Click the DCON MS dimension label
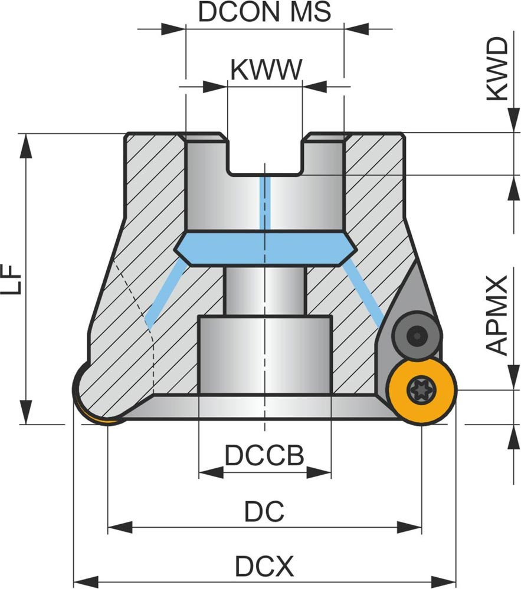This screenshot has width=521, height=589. [x=264, y=12]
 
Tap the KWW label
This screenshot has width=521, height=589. [x=266, y=70]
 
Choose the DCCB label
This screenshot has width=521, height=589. [x=264, y=455]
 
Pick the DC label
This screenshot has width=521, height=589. [x=264, y=511]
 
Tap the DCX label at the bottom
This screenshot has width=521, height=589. [x=264, y=567]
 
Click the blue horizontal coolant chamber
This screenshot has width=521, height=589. [x=264, y=247]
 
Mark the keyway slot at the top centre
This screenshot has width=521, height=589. [x=265, y=156]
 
